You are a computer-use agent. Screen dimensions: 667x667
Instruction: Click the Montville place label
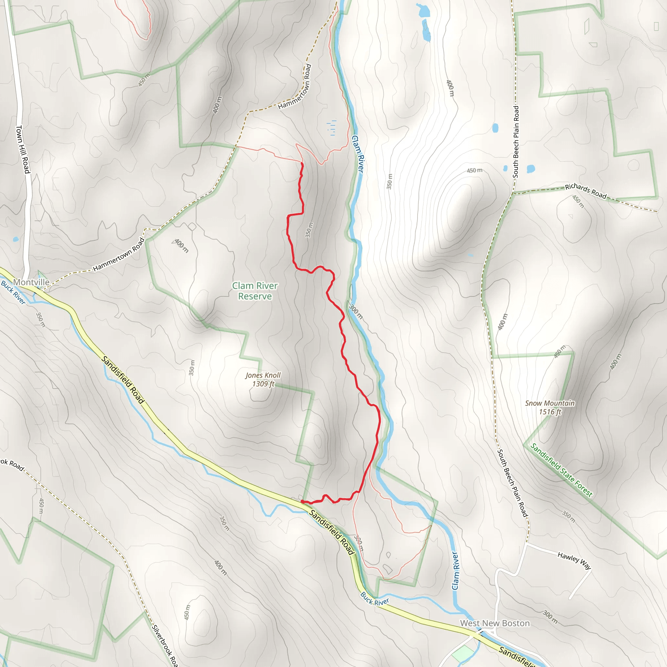click(31, 282)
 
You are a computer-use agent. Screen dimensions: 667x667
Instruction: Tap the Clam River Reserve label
click(255, 291)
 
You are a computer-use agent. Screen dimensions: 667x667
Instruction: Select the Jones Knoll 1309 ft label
click(263, 379)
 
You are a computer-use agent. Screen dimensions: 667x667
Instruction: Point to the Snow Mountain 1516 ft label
click(550, 407)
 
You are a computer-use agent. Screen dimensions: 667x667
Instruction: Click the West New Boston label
click(495, 623)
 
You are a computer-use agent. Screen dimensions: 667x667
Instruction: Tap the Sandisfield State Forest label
click(561, 470)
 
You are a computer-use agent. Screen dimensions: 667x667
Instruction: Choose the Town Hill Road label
click(23, 149)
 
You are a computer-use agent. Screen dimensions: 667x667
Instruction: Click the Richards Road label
click(586, 191)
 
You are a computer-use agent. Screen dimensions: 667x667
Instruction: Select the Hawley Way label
click(574, 560)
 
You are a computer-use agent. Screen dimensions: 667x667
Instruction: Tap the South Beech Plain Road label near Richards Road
click(516, 142)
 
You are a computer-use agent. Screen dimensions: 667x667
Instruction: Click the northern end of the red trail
click(302, 163)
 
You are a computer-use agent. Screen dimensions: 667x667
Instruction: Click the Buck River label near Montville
click(13, 292)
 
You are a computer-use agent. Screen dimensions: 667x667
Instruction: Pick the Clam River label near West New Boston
click(455, 571)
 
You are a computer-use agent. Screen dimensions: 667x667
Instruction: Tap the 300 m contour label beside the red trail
click(356, 311)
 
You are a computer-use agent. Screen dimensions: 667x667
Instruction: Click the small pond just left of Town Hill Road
click(16, 239)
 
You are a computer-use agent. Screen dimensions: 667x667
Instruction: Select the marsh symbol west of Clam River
click(332, 127)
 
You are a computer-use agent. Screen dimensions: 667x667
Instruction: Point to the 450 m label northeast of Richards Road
click(578, 202)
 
